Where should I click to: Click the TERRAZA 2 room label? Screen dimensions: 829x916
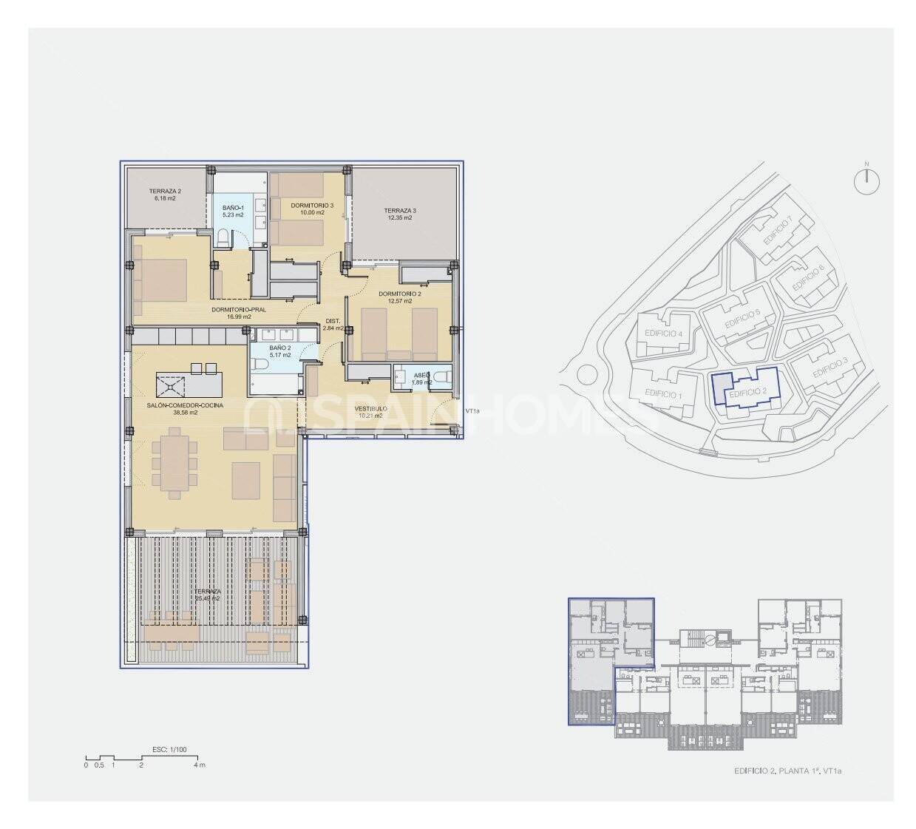point(164,190)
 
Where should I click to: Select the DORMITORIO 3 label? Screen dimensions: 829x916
point(307,205)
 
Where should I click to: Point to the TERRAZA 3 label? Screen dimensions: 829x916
point(400,211)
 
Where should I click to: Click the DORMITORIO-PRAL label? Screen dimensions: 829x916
point(238,310)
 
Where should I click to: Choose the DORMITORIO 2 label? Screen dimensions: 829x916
point(399,294)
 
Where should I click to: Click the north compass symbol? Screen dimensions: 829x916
point(868,180)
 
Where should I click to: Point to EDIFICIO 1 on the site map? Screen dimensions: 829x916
point(662,393)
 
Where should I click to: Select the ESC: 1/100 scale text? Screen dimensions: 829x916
point(172,749)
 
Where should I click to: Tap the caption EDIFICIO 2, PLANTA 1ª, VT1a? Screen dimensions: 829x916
point(787,771)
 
